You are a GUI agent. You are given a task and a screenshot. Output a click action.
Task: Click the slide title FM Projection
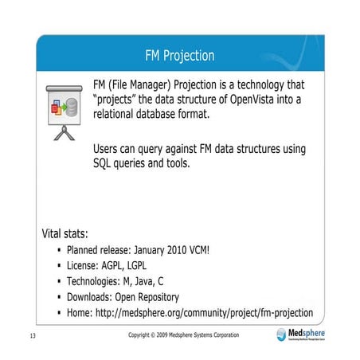pyautogui.click(x=179, y=56)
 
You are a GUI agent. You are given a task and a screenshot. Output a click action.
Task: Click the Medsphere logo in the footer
pyautogui.click(x=303, y=334)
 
